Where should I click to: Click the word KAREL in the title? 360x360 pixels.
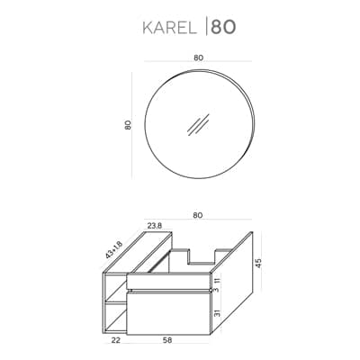(170, 28)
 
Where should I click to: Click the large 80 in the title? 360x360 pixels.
(223, 27)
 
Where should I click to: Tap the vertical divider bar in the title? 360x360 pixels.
(206, 27)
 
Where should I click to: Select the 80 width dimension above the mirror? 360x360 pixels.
(198, 58)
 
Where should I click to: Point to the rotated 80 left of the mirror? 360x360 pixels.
(128, 125)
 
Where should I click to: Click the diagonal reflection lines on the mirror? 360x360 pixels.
(198, 124)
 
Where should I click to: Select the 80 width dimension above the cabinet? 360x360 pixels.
(198, 215)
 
